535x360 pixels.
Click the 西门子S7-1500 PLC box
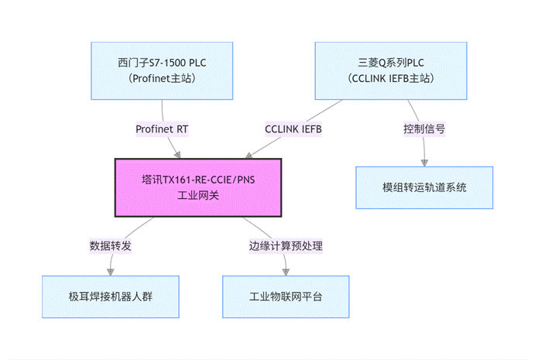coord(162,70)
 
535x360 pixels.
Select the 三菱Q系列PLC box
coord(391,70)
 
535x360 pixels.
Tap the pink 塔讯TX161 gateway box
coord(198,187)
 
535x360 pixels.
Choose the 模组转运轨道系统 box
coord(424,187)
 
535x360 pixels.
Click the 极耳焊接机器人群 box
coord(111,297)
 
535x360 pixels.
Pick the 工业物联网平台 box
coord(286,297)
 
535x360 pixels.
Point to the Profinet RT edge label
coord(162,129)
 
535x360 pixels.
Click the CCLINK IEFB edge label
coord(293,129)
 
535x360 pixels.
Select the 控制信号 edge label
coord(424,129)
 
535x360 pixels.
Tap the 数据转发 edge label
coord(111,245)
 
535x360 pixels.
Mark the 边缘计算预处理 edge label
coord(286,245)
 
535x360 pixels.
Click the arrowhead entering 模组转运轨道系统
coord(424,163)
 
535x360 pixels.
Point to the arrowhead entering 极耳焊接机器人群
coord(111,272)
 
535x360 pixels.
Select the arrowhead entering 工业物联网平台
coord(286,272)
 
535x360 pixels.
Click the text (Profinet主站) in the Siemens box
coord(162,78)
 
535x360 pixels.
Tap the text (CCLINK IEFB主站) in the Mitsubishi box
coord(391,78)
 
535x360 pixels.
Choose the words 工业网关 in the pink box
coord(198,196)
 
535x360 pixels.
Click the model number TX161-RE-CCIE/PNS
coord(209,180)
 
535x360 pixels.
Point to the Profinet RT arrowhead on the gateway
coord(177,155)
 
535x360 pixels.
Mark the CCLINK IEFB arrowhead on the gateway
coord(249,156)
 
